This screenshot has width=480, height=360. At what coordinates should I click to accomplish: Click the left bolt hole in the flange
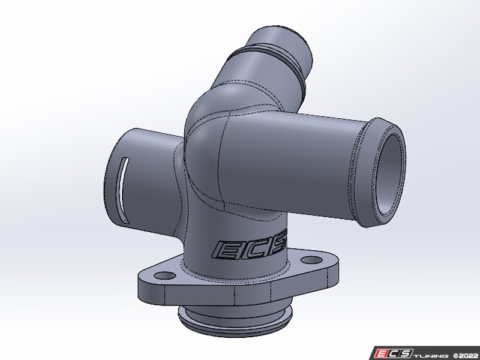[161, 275]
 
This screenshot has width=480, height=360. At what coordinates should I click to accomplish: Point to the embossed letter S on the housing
[280, 245]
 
